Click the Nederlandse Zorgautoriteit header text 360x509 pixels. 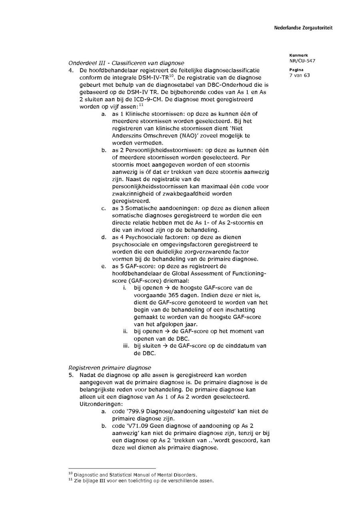(303, 28)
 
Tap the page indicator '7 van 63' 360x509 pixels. (299, 75)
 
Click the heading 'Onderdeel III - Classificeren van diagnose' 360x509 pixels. (126, 63)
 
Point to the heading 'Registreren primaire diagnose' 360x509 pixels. (110, 367)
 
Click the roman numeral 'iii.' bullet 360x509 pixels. (127, 346)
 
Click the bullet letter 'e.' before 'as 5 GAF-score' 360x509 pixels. (104, 266)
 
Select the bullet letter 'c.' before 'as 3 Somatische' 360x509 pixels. (103, 208)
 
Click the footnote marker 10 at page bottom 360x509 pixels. (70, 474)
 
